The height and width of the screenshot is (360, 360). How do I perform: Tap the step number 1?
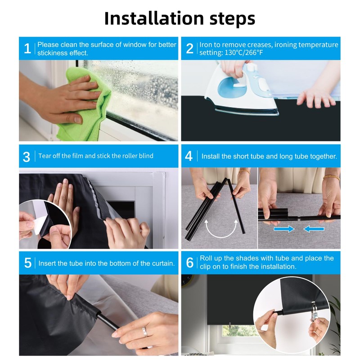27,49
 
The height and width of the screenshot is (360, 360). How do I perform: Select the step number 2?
189,49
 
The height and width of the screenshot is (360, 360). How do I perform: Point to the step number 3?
27,157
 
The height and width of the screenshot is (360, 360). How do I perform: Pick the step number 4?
189,156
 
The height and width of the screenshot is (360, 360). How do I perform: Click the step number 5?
28,263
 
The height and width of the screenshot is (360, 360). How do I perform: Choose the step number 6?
190,262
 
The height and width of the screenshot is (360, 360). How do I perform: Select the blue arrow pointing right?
284,229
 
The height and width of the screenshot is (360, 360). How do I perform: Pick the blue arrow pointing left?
314,229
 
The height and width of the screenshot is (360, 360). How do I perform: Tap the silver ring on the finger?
144,331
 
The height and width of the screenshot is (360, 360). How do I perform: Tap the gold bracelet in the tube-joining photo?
331,177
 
